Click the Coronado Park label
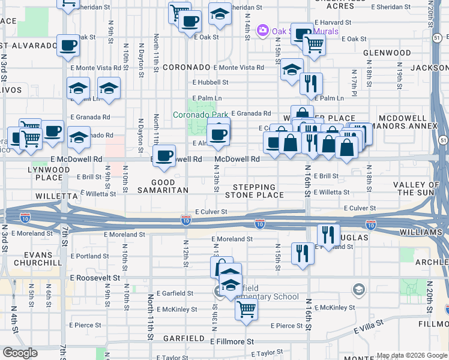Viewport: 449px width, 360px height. pos(197,115)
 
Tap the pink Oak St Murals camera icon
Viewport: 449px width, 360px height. pos(262,30)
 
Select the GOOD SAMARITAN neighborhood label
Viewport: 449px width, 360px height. pos(163,186)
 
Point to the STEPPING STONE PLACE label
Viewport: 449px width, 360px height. pos(255,191)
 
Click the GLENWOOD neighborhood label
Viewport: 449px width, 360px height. pos(387,53)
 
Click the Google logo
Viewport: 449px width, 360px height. pos(20,353)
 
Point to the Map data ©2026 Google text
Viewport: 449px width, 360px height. pos(412,355)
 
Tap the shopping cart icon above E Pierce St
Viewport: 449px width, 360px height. pos(246,310)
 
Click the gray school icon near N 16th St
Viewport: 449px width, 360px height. pos(358,290)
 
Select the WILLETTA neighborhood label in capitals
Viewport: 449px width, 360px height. pos(56,196)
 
